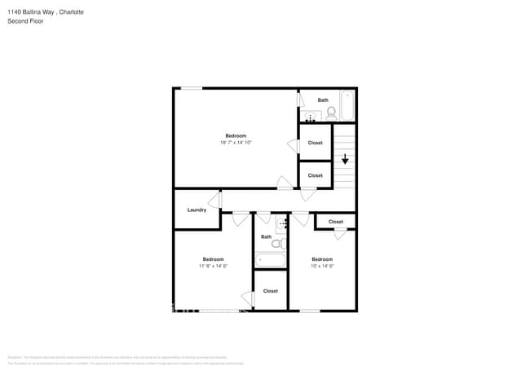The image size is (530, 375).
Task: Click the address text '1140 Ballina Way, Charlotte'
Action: [45, 12]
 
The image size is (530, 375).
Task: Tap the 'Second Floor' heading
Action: [25, 21]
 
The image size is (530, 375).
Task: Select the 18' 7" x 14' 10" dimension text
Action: [236, 143]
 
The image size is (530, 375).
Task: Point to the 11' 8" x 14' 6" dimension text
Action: [213, 266]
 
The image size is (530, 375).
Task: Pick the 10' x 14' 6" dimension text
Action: [322, 266]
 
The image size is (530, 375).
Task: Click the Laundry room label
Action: [197, 210]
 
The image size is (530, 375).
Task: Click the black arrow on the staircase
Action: [345, 159]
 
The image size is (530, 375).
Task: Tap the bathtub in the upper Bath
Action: [347, 104]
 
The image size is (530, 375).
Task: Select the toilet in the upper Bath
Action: [329, 112]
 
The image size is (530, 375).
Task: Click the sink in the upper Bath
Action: [310, 116]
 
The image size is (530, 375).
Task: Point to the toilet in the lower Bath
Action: [278, 243]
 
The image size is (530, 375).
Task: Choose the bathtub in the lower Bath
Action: [270, 260]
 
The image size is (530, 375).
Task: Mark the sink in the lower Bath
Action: [282, 223]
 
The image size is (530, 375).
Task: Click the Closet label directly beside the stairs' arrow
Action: [315, 143]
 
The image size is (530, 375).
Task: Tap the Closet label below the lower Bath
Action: [270, 290]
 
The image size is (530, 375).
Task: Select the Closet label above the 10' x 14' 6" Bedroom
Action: [335, 221]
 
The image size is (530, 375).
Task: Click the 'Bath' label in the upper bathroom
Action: [323, 100]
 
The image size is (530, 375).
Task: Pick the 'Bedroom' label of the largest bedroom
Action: [236, 135]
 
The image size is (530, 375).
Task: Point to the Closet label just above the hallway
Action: [315, 175]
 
